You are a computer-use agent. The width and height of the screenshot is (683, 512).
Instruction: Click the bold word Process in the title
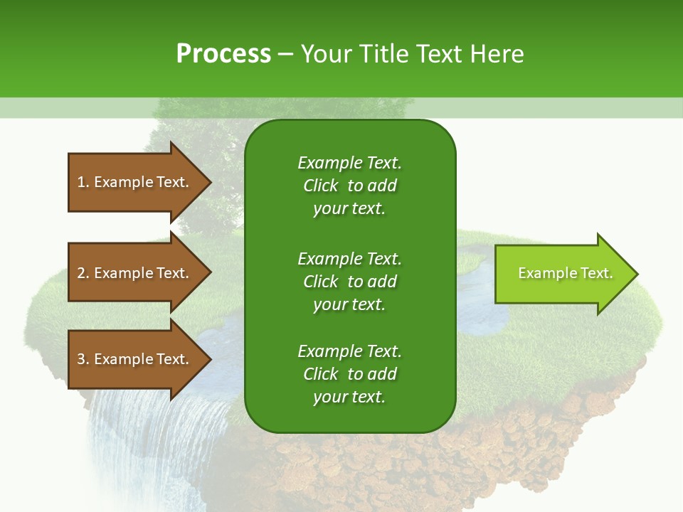(x=223, y=54)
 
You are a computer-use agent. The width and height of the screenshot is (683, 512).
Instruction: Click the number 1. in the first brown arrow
(x=83, y=182)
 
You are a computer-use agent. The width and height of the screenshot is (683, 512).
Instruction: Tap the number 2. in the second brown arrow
(x=83, y=273)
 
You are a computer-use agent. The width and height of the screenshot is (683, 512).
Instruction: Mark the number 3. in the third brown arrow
(x=83, y=359)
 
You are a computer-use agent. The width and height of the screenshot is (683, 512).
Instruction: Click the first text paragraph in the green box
(x=349, y=186)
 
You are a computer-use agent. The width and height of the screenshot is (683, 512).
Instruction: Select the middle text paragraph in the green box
(x=349, y=282)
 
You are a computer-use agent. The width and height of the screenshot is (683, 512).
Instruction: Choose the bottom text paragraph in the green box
(x=349, y=374)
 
